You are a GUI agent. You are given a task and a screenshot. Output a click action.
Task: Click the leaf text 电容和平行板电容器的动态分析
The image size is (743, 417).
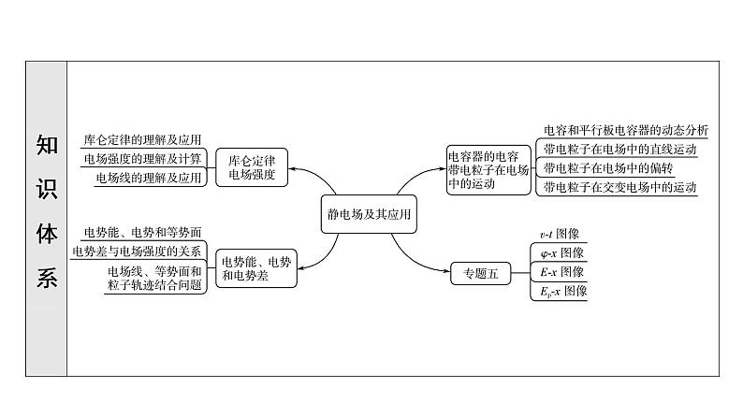(x=625, y=130)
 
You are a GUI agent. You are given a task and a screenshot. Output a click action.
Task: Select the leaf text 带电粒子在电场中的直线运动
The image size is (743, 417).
(x=619, y=150)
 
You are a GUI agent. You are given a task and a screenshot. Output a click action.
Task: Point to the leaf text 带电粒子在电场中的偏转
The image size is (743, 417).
(x=609, y=168)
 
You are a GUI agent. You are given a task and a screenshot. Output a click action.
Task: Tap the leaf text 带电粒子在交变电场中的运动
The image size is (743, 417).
(x=619, y=187)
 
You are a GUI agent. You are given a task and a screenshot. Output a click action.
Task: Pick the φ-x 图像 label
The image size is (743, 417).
(x=559, y=253)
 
